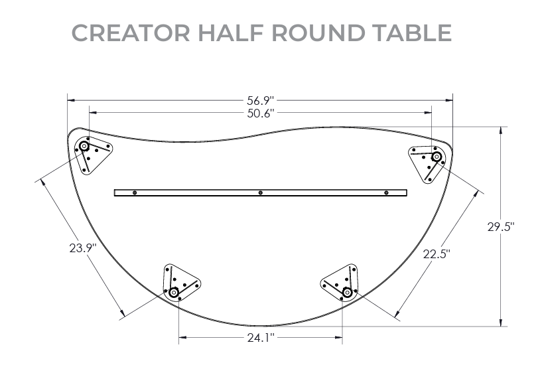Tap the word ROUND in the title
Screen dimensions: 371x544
[x=308, y=33]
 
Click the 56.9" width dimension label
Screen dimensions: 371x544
[x=260, y=101]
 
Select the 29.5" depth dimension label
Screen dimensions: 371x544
[x=501, y=226]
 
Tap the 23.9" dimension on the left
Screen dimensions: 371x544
[x=83, y=248]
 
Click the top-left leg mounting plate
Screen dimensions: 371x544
[x=92, y=154]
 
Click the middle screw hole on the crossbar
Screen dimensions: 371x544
[x=261, y=192]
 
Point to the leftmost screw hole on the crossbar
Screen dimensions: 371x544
[x=135, y=192]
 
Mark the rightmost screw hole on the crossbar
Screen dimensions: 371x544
[x=386, y=192]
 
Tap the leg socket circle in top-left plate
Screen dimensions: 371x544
[x=85, y=147]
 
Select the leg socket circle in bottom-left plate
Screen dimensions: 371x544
[x=174, y=292]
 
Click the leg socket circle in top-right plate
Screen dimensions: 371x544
[x=437, y=157]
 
